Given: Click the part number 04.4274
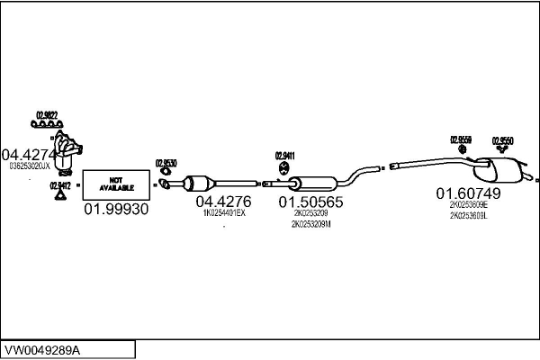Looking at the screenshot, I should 31,154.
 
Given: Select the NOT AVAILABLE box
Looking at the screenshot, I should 115,184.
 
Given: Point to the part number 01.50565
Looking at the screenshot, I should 310,202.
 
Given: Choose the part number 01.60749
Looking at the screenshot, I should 468,193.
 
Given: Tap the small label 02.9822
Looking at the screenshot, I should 47,114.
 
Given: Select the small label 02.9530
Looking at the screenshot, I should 166,163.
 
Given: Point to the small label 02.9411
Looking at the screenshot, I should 285,156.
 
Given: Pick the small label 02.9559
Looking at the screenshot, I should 461,139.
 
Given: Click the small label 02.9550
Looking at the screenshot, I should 502,139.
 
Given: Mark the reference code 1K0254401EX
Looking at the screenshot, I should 224,213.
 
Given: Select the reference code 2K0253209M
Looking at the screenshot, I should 310,224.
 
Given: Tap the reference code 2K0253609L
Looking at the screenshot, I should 468,215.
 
